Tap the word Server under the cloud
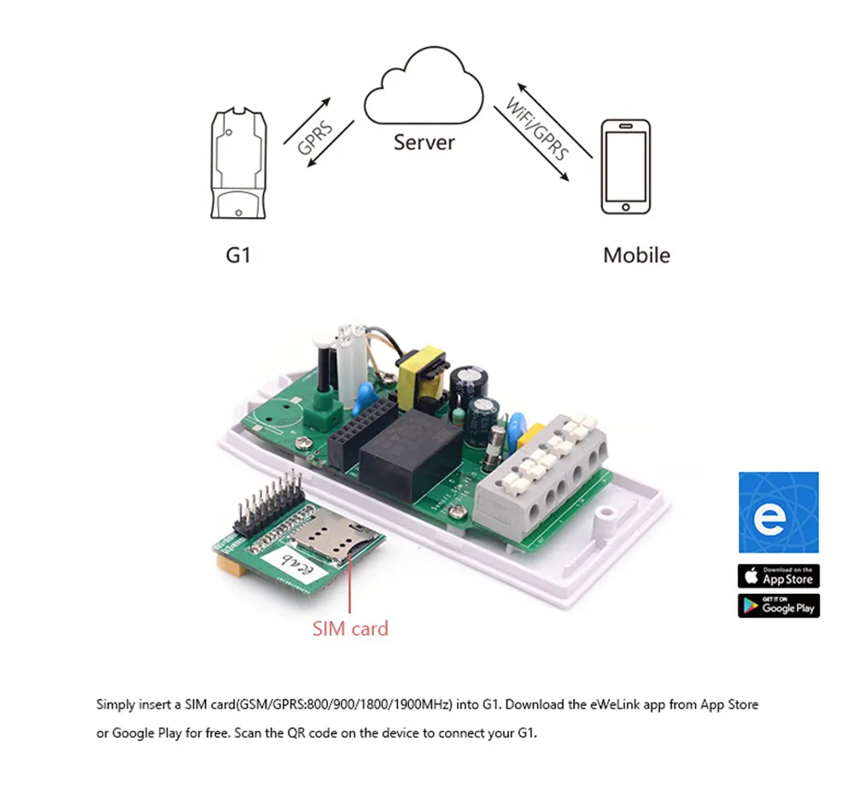point(424,142)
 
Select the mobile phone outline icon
point(625,167)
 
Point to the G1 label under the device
point(237,255)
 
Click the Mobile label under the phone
point(636,255)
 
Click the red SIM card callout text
point(350,629)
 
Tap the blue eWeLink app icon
point(778,512)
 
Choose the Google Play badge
point(778,605)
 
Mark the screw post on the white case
point(608,515)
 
